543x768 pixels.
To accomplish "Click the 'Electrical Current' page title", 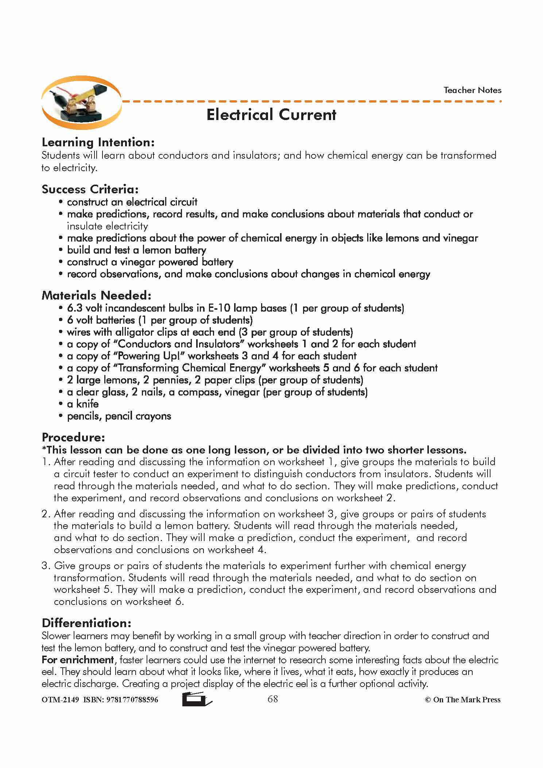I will coord(271,115).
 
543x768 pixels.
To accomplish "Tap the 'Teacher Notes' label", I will coord(472,90).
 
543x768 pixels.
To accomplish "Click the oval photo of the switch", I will coord(81,103).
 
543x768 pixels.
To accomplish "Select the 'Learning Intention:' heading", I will coord(98,142).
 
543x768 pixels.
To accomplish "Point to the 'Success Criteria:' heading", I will coord(90,189).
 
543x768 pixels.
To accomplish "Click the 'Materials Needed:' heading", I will coord(96,295).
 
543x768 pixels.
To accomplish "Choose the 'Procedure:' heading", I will coord(73,437).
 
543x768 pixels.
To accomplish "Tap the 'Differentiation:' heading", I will coord(86,623).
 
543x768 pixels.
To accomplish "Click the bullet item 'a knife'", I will coord(83,404).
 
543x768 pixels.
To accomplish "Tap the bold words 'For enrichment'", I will coord(78,660).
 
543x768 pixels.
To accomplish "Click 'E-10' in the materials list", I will coord(219,308).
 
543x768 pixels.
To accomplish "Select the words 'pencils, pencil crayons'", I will coord(119,416).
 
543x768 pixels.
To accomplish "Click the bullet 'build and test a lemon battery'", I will coord(136,250).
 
